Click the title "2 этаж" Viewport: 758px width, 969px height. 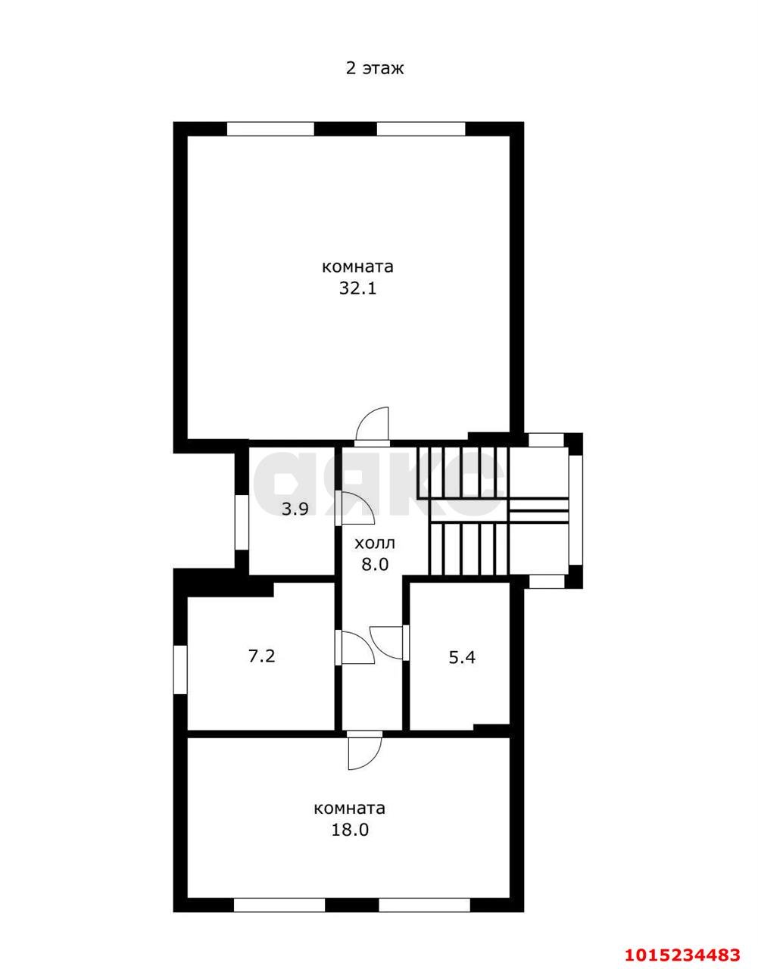[x=375, y=68]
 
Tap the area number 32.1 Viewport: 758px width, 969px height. [x=358, y=288]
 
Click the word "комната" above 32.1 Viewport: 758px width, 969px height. [x=358, y=267]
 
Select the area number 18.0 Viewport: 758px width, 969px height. [x=350, y=830]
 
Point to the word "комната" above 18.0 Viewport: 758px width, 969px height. [x=350, y=808]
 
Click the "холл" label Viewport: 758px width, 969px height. [x=375, y=543]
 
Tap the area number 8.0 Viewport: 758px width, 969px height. [x=375, y=565]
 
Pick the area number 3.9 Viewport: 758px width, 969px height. [x=295, y=509]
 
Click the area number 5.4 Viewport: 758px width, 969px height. [x=462, y=657]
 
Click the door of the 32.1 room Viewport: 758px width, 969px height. [x=373, y=426]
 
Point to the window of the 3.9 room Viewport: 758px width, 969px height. [x=242, y=522]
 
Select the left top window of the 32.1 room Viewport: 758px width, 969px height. [x=270, y=129]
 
